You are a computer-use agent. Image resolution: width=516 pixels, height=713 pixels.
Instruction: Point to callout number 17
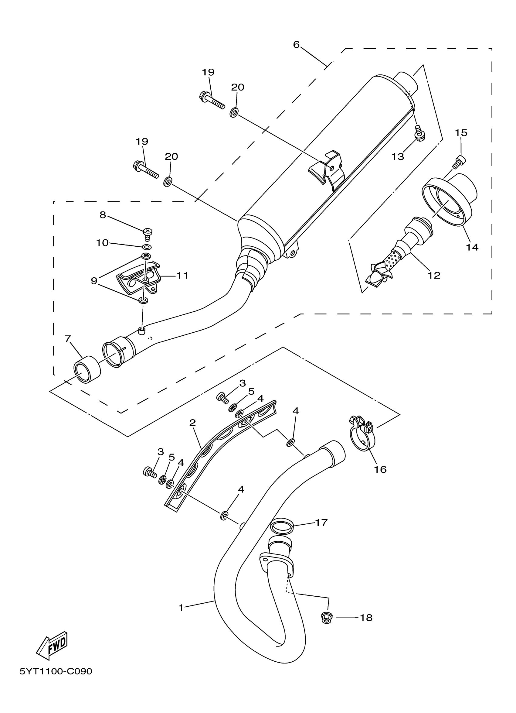[321, 522]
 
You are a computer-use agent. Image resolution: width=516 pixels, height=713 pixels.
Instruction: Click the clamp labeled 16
[361, 432]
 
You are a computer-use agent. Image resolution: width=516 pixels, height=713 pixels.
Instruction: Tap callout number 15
[461, 133]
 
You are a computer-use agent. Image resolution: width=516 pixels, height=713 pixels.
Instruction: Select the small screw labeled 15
[459, 161]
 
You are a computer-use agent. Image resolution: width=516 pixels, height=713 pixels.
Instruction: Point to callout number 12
[434, 276]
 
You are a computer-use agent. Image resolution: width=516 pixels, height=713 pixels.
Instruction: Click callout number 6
[297, 45]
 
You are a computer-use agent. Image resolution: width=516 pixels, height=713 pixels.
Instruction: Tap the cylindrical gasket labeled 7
[87, 370]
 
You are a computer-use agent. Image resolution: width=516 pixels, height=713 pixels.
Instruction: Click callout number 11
[182, 276]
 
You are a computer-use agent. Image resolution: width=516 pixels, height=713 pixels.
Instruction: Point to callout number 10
[102, 243]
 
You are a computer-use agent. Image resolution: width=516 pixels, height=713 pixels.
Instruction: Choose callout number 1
[181, 608]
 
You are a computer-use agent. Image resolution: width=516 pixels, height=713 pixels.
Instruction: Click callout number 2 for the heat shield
[192, 423]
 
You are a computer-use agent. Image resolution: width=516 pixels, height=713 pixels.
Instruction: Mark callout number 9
[94, 280]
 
